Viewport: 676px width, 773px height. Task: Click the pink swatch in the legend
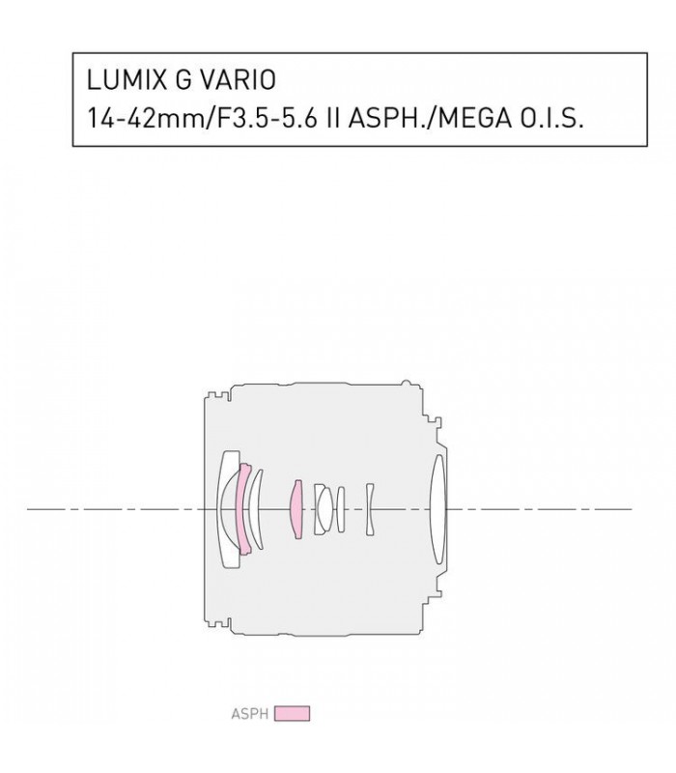click(x=292, y=714)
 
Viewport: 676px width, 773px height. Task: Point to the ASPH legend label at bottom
click(x=250, y=714)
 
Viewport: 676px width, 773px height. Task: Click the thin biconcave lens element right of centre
click(x=369, y=508)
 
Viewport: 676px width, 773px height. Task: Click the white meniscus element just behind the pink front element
click(x=254, y=508)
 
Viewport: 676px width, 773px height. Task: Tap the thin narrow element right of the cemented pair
click(x=340, y=508)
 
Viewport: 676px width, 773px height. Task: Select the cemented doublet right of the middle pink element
click(x=324, y=508)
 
